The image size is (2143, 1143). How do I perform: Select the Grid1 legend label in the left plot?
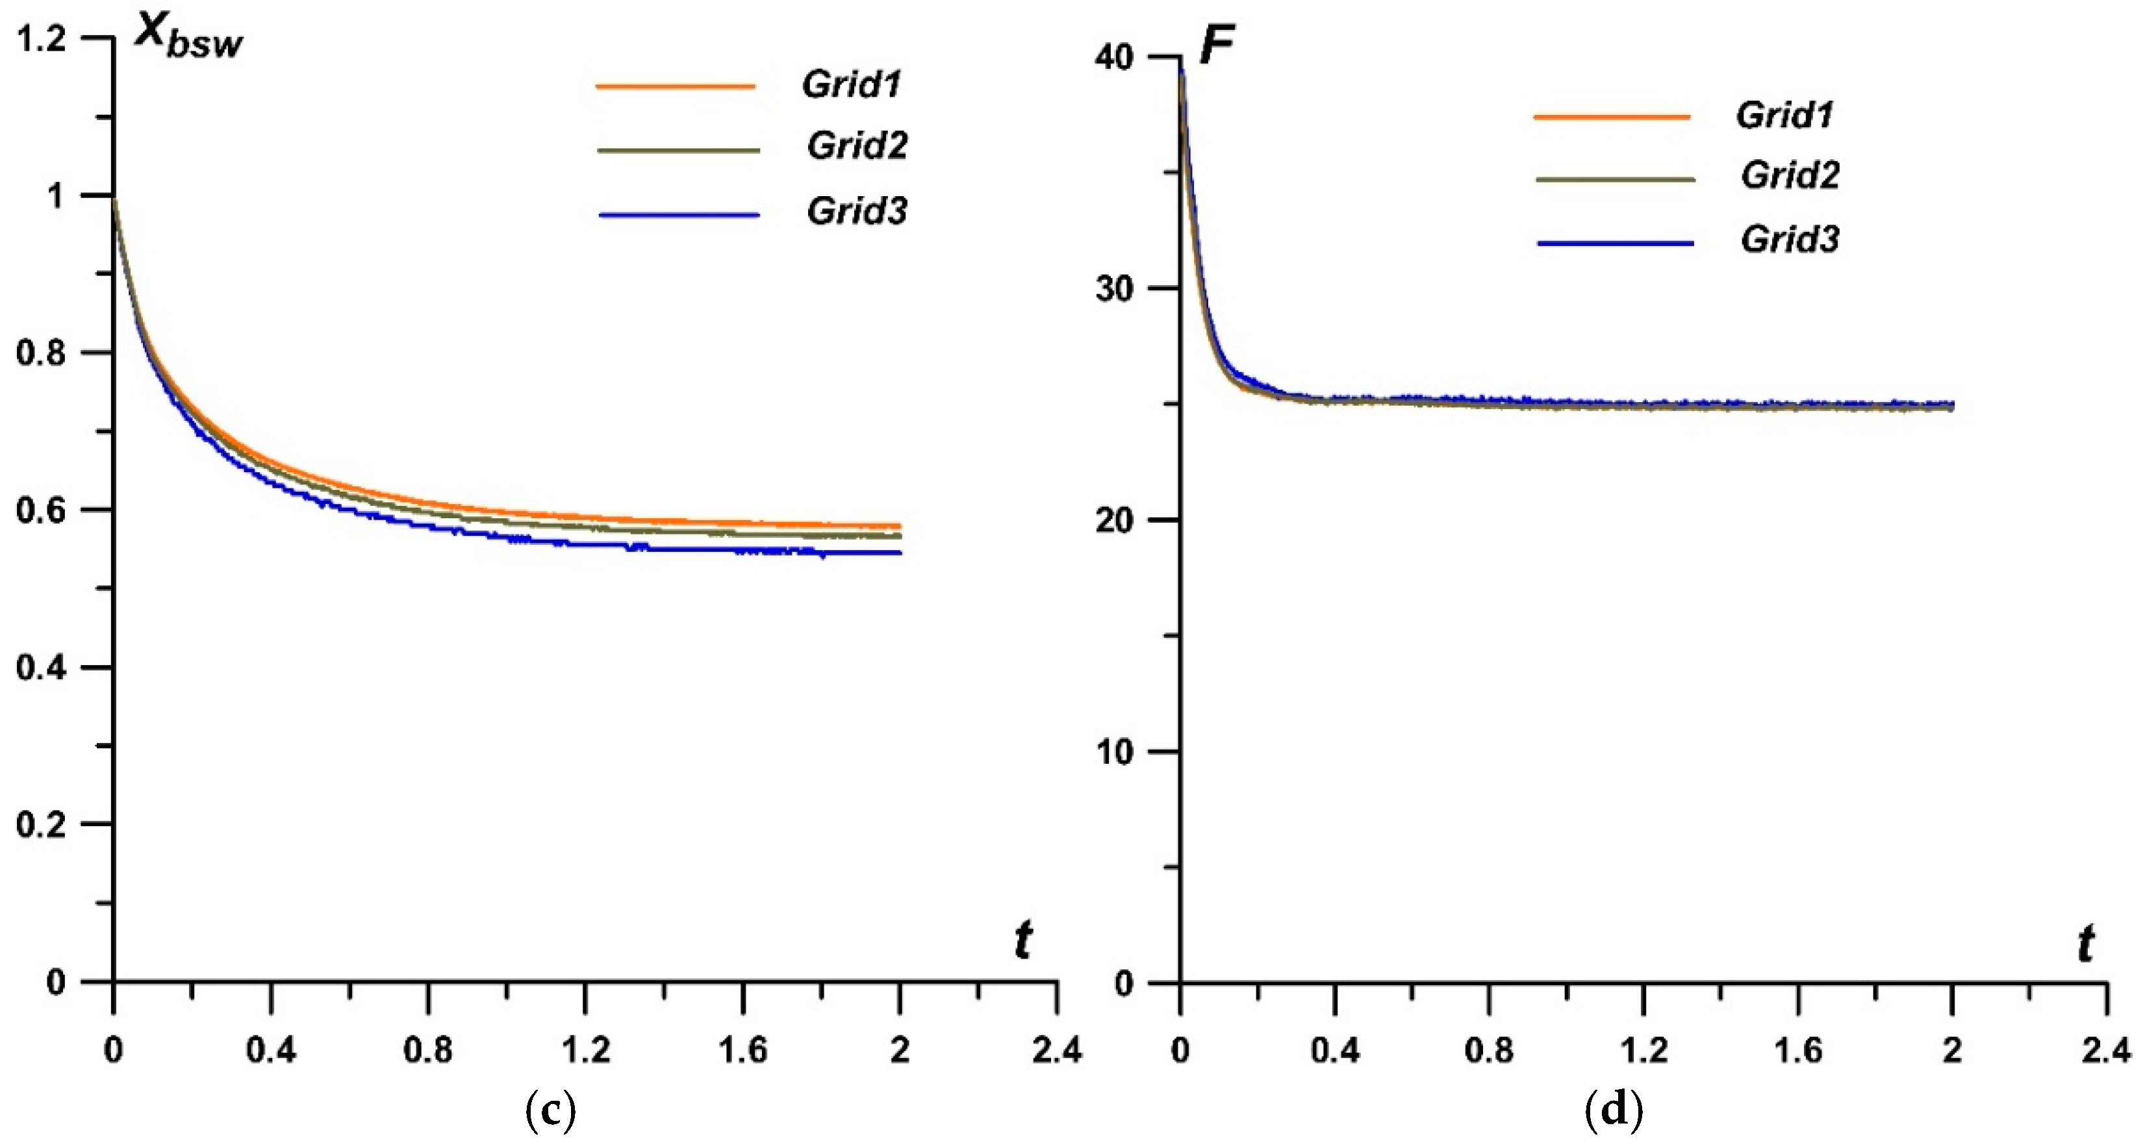tap(851, 84)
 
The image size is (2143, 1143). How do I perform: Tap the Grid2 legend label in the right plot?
tap(1790, 175)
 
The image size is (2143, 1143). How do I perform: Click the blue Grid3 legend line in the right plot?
tap(1615, 243)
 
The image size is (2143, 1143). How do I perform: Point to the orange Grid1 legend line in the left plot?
tap(675, 86)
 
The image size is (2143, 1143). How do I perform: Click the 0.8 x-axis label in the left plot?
tap(427, 1050)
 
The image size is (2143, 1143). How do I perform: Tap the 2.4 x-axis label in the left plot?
tap(1056, 1050)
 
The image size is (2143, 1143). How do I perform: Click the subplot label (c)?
tap(551, 1111)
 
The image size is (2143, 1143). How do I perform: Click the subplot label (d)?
tap(1614, 1111)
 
